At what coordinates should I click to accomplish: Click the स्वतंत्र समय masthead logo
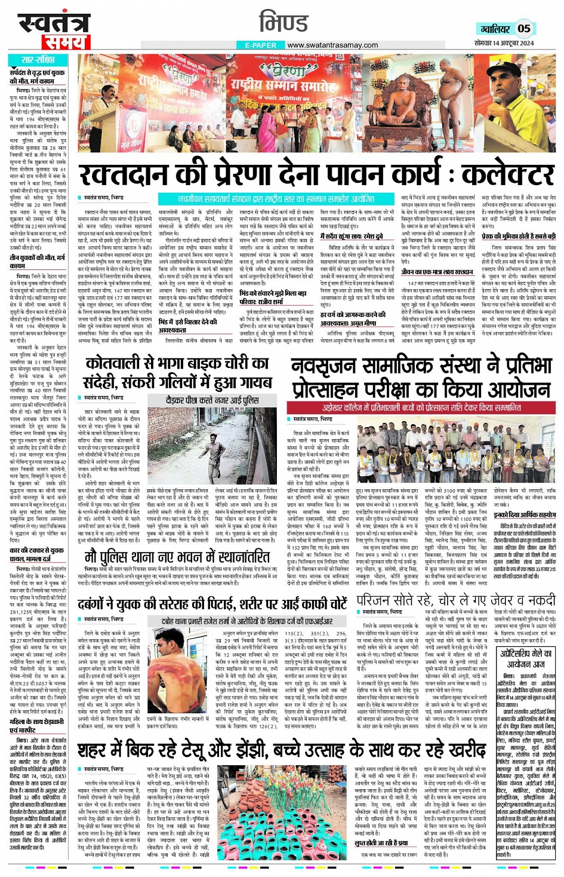(x=54, y=30)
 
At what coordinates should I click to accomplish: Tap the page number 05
(x=523, y=28)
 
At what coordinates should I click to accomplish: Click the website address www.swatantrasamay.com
(x=332, y=45)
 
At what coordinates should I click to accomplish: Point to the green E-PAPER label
(x=260, y=45)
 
